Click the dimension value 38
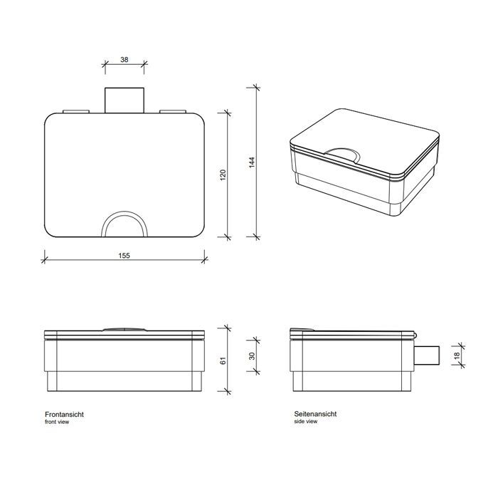pyautogui.click(x=124, y=61)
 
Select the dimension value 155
pyautogui.click(x=124, y=255)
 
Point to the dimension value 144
pyautogui.click(x=251, y=162)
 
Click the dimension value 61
pyautogui.click(x=222, y=361)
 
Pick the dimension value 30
pyautogui.click(x=251, y=356)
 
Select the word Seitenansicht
pyautogui.click(x=315, y=414)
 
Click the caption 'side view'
pyautogui.click(x=305, y=422)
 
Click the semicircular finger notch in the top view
pyautogui.click(x=124, y=224)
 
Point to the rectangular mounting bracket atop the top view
pyautogui.click(x=124, y=99)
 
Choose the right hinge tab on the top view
pyautogui.click(x=173, y=111)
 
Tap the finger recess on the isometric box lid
pyautogui.click(x=343, y=151)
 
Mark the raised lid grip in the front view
pyautogui.click(x=124, y=329)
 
